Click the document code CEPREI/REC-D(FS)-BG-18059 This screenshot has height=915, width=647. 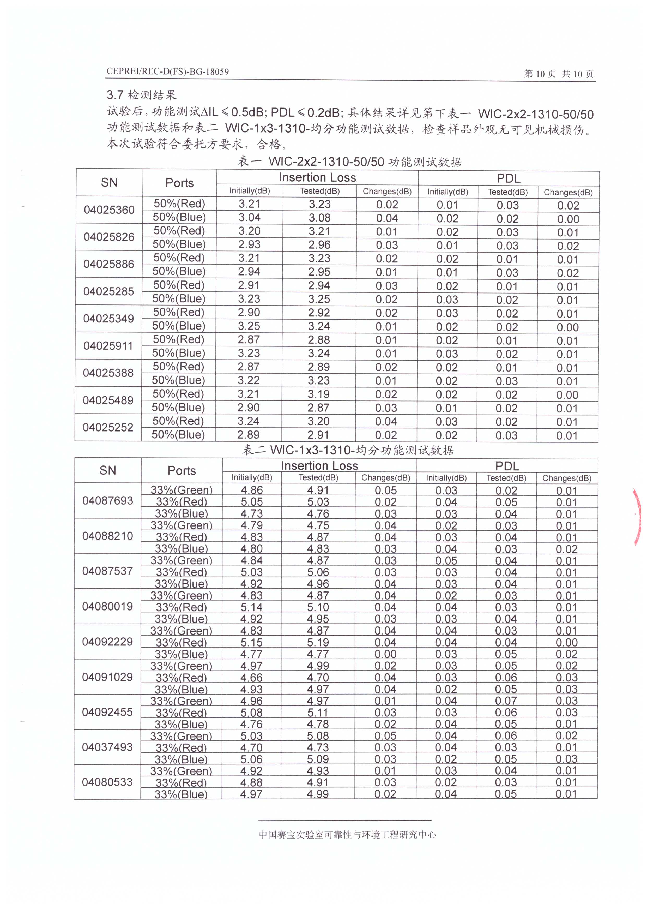(167, 72)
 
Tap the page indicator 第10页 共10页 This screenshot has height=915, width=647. (559, 74)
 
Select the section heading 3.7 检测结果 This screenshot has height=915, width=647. (141, 95)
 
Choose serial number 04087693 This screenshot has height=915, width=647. (107, 500)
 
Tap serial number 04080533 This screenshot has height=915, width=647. (107, 782)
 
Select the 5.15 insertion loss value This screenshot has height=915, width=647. (251, 642)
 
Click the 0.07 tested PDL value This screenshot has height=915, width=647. (506, 701)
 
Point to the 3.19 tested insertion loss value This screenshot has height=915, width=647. (319, 394)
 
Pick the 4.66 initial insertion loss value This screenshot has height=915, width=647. (251, 678)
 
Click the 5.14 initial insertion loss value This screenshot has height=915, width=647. (251, 607)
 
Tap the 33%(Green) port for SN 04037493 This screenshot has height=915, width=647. (181, 736)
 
